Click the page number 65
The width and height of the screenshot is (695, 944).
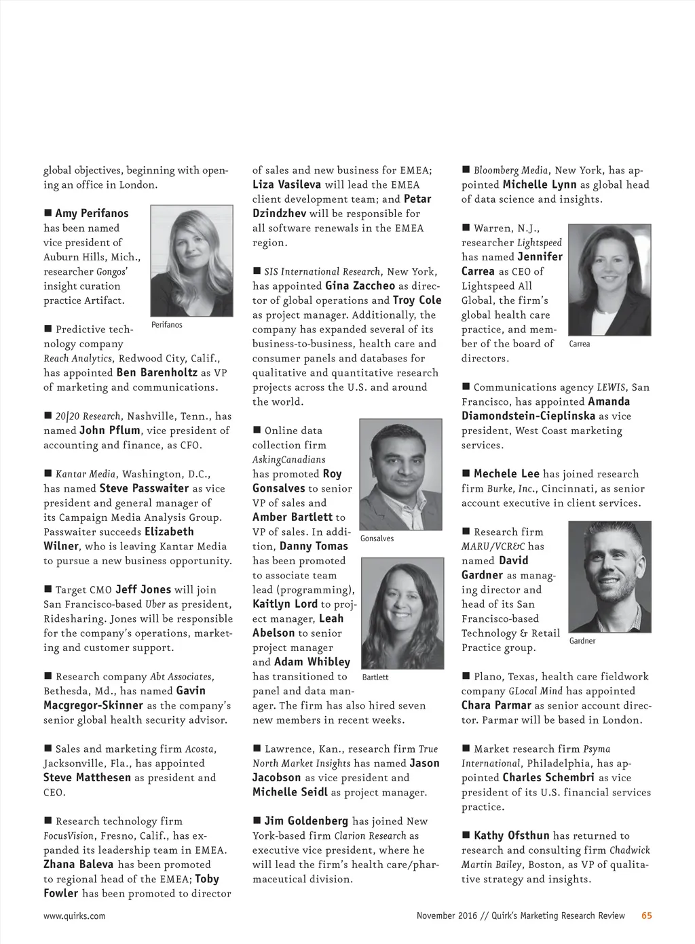[x=647, y=916]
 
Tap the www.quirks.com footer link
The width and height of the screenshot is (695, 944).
[x=75, y=916]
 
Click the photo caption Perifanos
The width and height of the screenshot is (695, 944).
[x=166, y=325]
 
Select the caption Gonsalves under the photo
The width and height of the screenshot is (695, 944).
[x=377, y=538]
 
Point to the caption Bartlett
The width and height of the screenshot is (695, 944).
[x=375, y=677]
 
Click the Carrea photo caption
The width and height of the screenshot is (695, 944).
[x=579, y=344]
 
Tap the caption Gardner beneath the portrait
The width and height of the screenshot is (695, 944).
[x=582, y=641]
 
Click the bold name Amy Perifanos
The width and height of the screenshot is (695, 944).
[x=92, y=213]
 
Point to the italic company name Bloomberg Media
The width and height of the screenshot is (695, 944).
[x=510, y=170]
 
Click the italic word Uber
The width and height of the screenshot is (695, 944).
[x=155, y=604]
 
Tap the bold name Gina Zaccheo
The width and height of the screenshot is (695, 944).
[x=360, y=286]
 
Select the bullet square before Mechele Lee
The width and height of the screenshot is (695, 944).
[x=466, y=473]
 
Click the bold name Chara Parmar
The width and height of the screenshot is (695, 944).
[x=496, y=705]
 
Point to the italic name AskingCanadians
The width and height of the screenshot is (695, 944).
[x=289, y=459]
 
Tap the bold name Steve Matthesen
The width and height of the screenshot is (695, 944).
[x=87, y=777]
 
